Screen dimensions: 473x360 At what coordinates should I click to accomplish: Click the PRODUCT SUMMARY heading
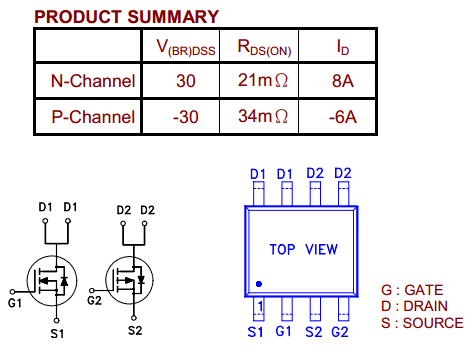(126, 17)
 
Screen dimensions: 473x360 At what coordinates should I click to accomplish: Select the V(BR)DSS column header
(186, 47)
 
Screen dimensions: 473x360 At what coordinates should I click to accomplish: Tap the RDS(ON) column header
(264, 47)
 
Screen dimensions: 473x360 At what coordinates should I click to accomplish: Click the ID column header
(343, 47)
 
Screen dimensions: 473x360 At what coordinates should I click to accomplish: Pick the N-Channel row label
(93, 81)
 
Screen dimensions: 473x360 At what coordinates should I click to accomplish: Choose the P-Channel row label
(93, 117)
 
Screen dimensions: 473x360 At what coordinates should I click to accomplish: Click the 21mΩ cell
(263, 80)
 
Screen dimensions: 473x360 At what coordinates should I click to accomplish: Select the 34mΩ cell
(263, 116)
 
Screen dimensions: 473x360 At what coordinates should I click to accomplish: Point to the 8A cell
(343, 81)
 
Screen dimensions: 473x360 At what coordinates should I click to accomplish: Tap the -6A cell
(343, 117)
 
